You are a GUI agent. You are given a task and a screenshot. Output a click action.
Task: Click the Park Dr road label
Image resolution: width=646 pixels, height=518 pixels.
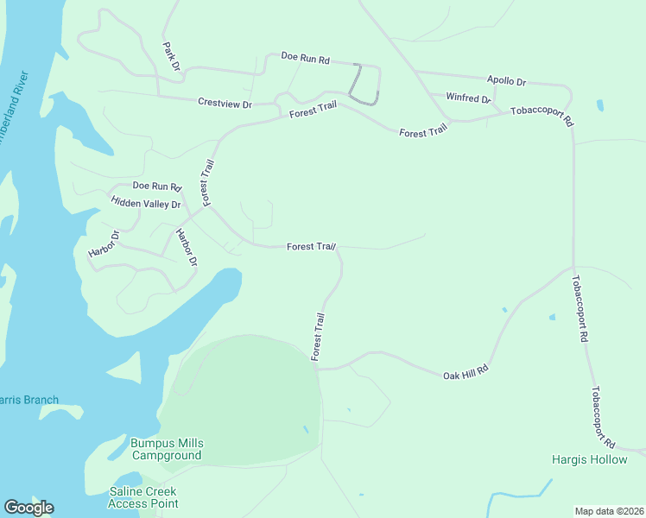(x=170, y=55)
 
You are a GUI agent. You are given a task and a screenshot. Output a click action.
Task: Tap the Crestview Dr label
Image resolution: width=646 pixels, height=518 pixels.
(x=225, y=104)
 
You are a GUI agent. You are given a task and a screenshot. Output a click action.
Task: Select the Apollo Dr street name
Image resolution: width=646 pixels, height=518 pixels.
(x=506, y=80)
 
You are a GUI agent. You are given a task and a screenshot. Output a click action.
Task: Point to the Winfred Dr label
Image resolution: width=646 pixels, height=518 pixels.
(x=468, y=98)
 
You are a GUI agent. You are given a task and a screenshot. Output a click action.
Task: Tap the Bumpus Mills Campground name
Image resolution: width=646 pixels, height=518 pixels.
(x=166, y=449)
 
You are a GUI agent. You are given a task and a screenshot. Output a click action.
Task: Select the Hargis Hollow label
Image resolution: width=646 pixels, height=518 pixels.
(x=590, y=459)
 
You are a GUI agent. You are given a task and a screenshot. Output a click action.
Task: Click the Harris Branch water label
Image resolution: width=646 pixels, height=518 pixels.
(x=28, y=400)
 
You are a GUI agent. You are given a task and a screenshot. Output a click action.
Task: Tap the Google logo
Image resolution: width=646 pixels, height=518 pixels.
(x=28, y=507)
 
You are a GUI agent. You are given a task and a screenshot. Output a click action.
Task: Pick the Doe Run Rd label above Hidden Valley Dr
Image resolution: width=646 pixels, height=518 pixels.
(x=156, y=186)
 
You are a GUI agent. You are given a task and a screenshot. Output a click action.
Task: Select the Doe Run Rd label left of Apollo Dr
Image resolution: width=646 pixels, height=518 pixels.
(x=306, y=58)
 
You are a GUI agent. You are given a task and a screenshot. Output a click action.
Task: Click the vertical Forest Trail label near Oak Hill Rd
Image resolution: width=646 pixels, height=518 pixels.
(x=318, y=337)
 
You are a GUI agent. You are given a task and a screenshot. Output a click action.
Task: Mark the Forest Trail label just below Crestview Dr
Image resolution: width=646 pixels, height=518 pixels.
(x=313, y=113)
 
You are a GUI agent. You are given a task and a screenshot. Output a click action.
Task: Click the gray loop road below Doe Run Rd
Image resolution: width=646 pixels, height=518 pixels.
(x=365, y=86)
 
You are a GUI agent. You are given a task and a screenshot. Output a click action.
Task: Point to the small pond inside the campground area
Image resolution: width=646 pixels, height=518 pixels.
(x=306, y=429)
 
